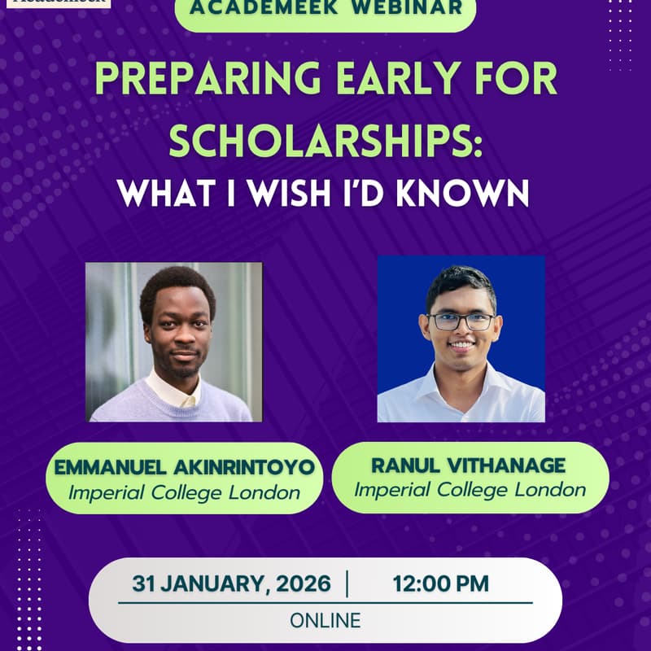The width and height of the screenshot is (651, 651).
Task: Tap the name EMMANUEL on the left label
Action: click(109, 469)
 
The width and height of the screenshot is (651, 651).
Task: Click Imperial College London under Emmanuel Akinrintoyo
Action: click(185, 493)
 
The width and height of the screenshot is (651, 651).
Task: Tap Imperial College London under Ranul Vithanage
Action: click(470, 490)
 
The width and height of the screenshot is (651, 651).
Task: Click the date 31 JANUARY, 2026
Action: click(232, 583)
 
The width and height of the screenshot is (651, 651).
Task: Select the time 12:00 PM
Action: click(440, 583)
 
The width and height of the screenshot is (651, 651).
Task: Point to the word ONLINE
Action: click(325, 620)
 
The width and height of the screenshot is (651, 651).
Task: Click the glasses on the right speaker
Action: click(461, 321)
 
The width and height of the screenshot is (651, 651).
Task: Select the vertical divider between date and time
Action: click(347, 583)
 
